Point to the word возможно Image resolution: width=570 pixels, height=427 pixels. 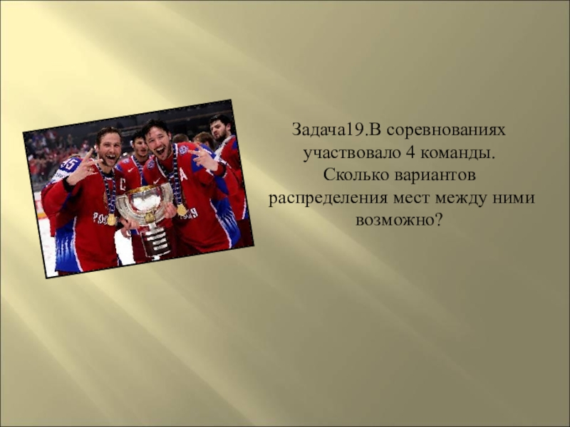point(394,218)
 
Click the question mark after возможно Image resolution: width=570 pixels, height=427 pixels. point(437,218)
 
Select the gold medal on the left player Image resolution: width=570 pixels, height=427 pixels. point(112,219)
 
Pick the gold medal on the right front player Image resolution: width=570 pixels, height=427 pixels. point(182,210)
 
